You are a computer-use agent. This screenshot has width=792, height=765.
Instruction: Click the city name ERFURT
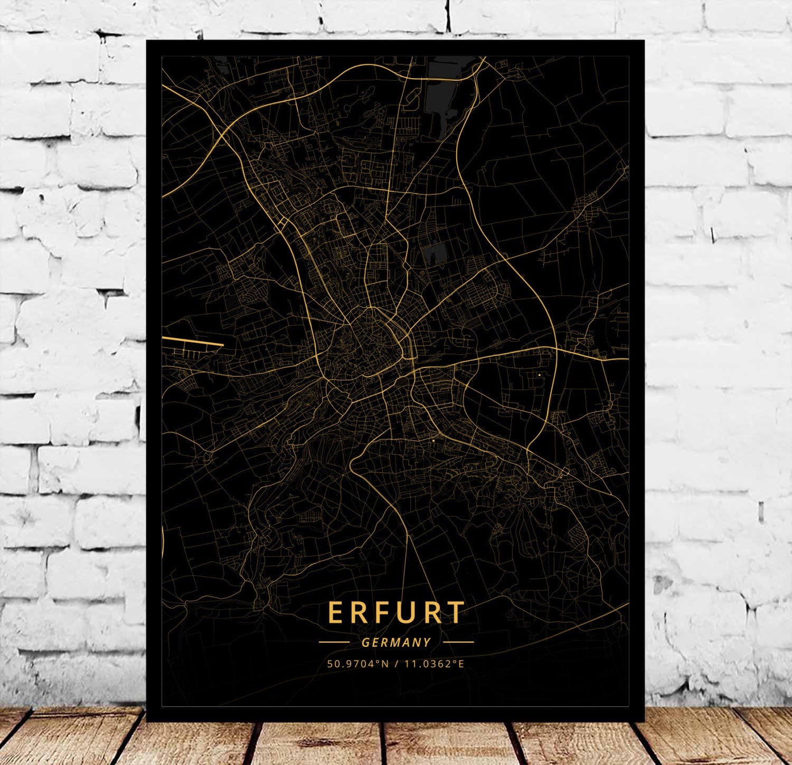pos(396,612)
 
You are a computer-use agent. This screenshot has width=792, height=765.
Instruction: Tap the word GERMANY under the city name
pos(397,643)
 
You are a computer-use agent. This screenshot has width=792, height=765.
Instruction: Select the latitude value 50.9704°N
pos(357,664)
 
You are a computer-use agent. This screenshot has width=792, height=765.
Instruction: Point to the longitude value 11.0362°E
pos(434,664)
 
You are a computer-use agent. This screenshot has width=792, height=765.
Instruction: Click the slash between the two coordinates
pos(396,664)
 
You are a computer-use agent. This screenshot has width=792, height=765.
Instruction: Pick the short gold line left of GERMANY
pos(334,643)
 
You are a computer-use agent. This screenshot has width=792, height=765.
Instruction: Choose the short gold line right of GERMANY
pos(458,643)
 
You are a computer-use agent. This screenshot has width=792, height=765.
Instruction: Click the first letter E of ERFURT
pos(336,612)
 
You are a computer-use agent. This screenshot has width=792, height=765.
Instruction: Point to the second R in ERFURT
pos(433,612)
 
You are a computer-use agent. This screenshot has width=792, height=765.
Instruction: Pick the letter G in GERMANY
pos(365,643)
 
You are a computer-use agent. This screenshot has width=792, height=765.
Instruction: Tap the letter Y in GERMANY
pos(427,643)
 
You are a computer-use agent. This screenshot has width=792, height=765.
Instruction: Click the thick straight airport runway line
pos(193,341)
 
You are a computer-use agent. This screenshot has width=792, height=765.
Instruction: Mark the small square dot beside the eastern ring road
pos(539,375)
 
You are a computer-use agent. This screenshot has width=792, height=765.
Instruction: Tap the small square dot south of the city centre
pos(433,440)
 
